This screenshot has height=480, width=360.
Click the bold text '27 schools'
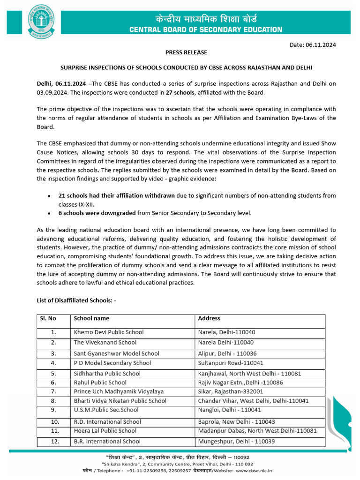point(180,93)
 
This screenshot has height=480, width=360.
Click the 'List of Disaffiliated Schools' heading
point(76,300)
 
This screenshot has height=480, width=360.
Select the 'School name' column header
point(91,318)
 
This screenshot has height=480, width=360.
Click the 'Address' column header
point(209,318)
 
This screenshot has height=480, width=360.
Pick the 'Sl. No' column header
point(48,318)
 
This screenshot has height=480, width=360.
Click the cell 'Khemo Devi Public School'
point(109,332)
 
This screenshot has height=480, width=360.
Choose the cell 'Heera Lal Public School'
point(105,431)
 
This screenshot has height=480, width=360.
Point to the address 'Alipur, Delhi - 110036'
point(227,354)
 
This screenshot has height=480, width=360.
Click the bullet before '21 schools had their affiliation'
point(49,196)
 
